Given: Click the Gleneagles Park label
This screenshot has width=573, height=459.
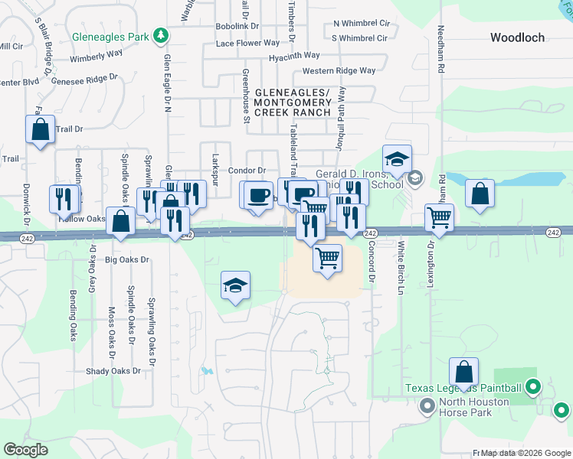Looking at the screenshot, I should [110, 37].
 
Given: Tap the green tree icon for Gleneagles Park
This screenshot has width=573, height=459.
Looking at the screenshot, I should [161, 36].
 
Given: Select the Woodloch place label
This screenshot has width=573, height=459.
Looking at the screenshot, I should [517, 37].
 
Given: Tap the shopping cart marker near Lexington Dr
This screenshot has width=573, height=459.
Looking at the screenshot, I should [439, 217].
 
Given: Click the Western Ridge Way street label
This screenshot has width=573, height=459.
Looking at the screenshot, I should [339, 71].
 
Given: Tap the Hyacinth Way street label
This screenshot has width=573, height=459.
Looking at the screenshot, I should [294, 57].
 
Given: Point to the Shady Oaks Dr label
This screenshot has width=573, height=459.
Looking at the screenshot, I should [114, 371].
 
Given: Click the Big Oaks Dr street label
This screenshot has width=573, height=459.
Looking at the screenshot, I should [127, 260].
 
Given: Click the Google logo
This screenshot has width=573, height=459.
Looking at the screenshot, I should [25, 450].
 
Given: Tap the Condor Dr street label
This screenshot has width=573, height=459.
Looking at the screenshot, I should [247, 171].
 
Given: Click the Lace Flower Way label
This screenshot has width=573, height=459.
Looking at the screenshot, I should [247, 44].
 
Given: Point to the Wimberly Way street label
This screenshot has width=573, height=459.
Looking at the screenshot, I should [97, 57].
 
